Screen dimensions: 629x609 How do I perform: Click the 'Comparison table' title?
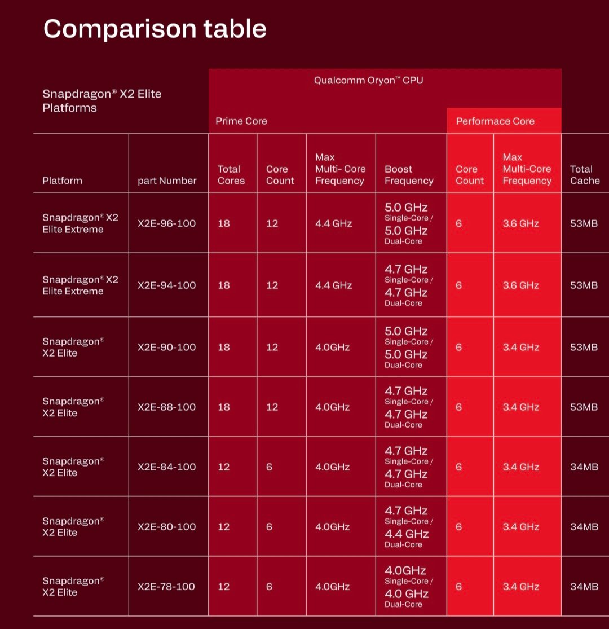pyautogui.click(x=155, y=28)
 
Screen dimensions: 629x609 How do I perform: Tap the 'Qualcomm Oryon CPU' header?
pyautogui.click(x=368, y=80)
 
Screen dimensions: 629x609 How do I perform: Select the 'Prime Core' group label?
pyautogui.click(x=241, y=121)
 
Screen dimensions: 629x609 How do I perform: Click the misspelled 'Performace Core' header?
pyautogui.click(x=495, y=121)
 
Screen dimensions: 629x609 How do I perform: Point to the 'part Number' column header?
pyautogui.click(x=167, y=181)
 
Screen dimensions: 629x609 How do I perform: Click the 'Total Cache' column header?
pyautogui.click(x=585, y=175)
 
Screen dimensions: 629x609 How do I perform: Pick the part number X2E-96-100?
pyautogui.click(x=166, y=223)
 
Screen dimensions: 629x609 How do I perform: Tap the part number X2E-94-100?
pyautogui.click(x=166, y=285)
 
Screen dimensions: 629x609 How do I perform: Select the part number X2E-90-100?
pyautogui.click(x=166, y=348)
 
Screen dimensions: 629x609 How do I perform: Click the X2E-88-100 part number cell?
pyautogui.click(x=166, y=407)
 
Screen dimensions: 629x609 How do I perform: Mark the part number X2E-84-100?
pyautogui.click(x=166, y=467)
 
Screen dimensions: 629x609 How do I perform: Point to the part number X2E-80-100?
pyautogui.click(x=166, y=527)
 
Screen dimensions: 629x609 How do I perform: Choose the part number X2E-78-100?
pyautogui.click(x=166, y=587)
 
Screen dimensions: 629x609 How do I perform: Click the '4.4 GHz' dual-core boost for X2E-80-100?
pyautogui.click(x=407, y=534)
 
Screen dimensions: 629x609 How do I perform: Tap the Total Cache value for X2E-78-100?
pyautogui.click(x=584, y=587)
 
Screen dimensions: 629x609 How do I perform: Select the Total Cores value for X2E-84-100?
pyautogui.click(x=224, y=467)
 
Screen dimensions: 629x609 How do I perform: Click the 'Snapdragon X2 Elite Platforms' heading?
pyautogui.click(x=101, y=101)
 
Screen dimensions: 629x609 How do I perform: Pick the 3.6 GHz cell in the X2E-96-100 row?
pyautogui.click(x=520, y=223)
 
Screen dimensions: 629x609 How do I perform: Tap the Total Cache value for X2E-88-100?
pyautogui.click(x=584, y=407)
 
